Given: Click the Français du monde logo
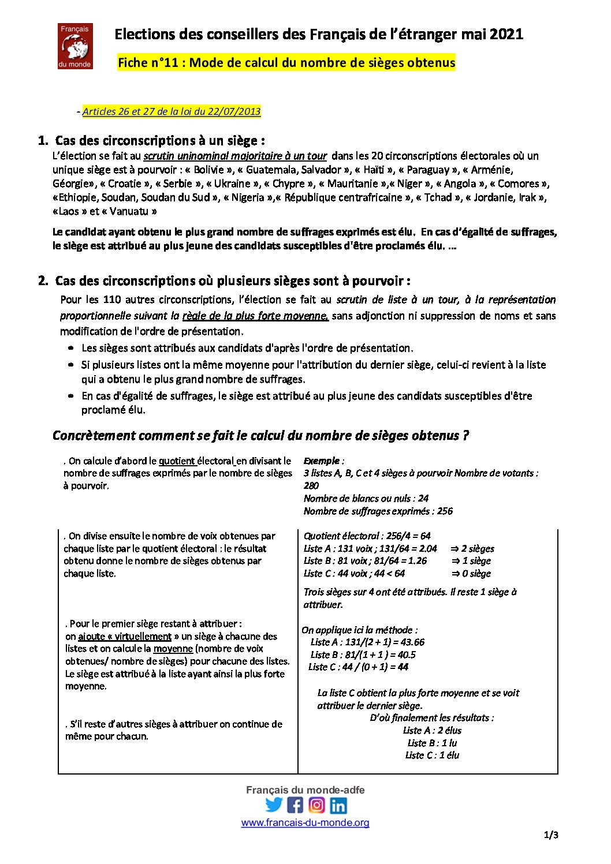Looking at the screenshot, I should tap(75, 46).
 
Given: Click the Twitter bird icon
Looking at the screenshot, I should tap(274, 805).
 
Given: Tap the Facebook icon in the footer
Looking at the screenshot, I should tap(295, 805).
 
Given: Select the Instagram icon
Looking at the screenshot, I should tap(316, 805).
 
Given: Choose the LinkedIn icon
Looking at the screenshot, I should tap(338, 805).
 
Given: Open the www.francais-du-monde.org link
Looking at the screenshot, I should tap(305, 822).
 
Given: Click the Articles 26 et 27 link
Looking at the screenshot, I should tap(172, 111).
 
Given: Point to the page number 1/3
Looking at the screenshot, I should tap(551, 835).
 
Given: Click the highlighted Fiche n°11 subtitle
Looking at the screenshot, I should tap(286, 62).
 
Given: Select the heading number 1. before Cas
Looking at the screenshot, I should tap(43, 140).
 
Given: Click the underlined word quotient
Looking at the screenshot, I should tap(177, 461).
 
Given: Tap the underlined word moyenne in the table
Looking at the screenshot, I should tap(173, 649).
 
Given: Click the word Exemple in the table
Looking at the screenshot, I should tap(322, 461).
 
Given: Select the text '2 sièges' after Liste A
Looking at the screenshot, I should tap(477, 548).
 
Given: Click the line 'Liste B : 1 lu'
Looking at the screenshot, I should tap(432, 743).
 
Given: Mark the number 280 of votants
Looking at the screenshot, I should tap(311, 485).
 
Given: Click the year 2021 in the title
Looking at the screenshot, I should tap(506, 34).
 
